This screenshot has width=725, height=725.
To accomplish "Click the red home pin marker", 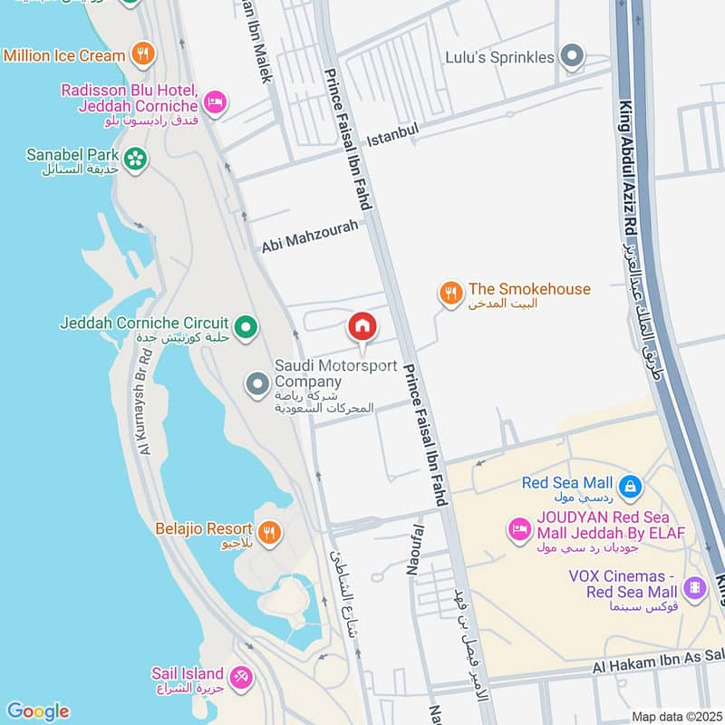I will pos(362,326).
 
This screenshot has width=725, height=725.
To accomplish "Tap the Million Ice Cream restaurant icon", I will pos(142,55).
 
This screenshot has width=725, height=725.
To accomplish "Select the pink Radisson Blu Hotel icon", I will pos(214,102).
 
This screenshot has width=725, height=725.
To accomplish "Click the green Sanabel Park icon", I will pos(135,159).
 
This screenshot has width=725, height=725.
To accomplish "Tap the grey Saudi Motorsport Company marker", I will pos(257,385).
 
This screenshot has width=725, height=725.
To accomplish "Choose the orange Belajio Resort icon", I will pos(268,532).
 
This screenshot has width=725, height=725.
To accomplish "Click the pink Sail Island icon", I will pos(240,675).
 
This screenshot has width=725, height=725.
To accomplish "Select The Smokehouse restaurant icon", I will pos(450,293).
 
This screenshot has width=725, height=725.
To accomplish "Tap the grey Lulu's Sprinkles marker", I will pos(571,57).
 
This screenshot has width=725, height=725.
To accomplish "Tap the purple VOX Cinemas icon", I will pos(695,588).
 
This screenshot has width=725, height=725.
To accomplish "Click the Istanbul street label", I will pos(393,138).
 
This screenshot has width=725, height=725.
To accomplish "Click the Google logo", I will pos(37,711).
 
